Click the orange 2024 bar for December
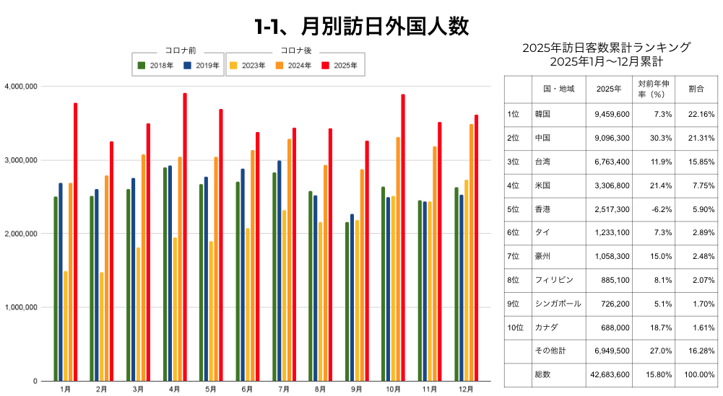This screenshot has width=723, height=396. (472, 252)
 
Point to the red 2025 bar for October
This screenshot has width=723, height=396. (403, 237)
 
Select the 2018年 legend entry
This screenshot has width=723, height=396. (155, 66)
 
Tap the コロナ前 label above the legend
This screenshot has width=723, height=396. (178, 50)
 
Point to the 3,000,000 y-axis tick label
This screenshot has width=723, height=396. (22, 160)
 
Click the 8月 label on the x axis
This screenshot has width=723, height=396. (320, 389)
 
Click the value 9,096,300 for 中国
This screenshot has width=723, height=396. (612, 138)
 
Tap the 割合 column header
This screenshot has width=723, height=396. (696, 89)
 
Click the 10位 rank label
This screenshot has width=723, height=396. (515, 327)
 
